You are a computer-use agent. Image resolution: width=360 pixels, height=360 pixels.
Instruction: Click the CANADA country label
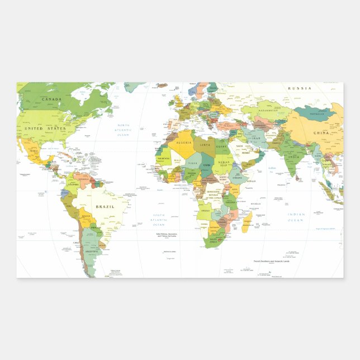click(51, 100)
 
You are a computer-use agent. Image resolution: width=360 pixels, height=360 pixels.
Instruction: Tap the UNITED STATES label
click(45, 129)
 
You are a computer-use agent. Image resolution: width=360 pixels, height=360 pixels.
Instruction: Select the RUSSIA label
click(300, 88)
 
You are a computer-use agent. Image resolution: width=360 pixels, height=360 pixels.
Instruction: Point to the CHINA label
click(321, 133)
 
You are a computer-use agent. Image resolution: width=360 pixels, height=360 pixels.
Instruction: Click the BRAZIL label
click(105, 206)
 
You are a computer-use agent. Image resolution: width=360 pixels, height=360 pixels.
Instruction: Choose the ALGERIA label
click(184, 143)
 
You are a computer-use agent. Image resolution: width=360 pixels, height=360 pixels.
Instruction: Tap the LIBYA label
click(207, 145)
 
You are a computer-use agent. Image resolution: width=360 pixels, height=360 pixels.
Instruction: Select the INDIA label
click(292, 157)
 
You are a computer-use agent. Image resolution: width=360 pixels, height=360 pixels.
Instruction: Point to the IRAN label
click(257, 138)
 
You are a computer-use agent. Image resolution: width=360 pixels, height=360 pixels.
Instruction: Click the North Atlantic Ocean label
click(123, 130)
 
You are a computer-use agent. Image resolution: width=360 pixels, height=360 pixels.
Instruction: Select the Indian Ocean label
click(296, 217)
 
